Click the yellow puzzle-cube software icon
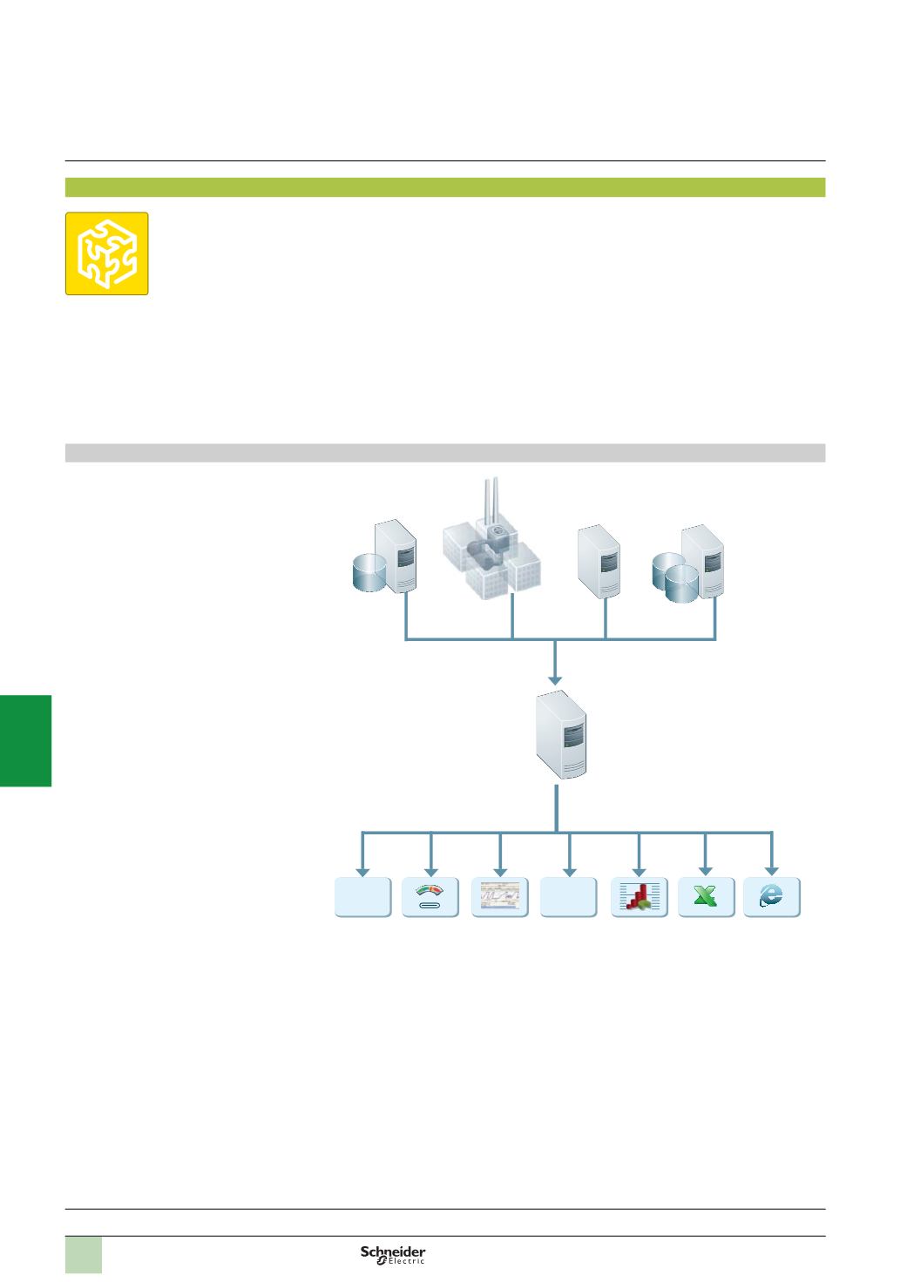click(106, 253)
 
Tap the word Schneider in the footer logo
click(393, 1251)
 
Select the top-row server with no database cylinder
click(600, 561)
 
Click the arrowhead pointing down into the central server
click(556, 678)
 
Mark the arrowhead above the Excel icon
click(706, 869)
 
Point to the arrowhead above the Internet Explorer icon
click(772, 869)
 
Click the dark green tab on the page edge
click(26, 740)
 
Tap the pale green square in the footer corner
click(84, 1254)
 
